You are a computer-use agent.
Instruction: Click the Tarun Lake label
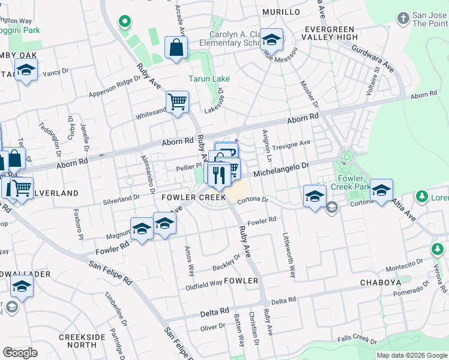pyautogui.click(x=209, y=79)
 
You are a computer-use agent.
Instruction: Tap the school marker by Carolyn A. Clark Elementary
pyautogui.click(x=271, y=40)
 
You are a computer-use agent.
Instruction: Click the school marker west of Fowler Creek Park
pyautogui.click(x=315, y=196)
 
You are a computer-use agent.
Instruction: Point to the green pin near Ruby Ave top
pyautogui.click(x=125, y=22)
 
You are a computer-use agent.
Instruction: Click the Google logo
pyautogui.click(x=20, y=353)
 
